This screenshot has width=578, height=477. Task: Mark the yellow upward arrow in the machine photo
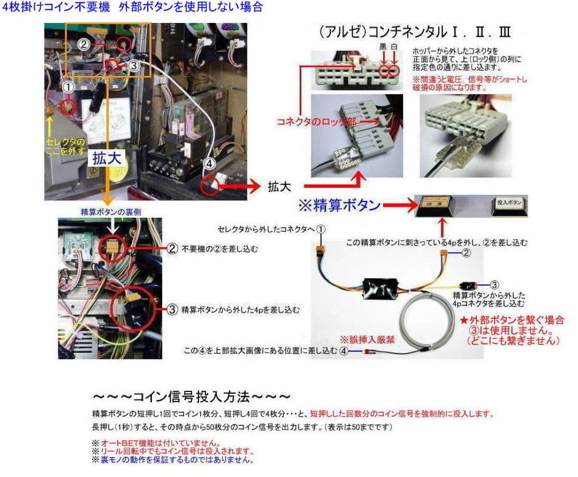coord(49,124)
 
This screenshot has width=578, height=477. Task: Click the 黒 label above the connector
coord(383,47)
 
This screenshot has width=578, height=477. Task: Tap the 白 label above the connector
coord(395,47)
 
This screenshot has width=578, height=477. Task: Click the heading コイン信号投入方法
coord(192,397)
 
